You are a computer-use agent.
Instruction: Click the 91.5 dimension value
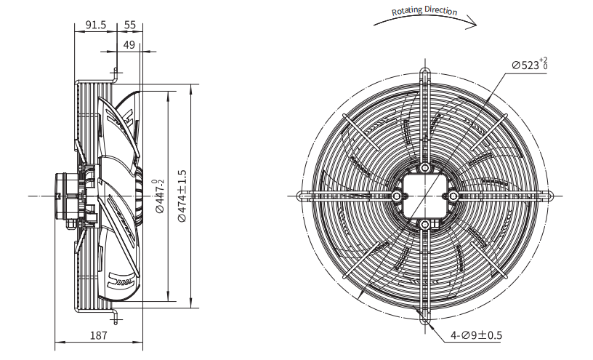tap(96, 25)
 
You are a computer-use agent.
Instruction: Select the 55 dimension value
tap(129, 25)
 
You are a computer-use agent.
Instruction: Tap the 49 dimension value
tap(129, 44)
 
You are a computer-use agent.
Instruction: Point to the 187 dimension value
tap(99, 335)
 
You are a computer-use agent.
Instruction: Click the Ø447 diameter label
tap(160, 196)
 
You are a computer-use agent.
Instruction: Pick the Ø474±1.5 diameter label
tap(182, 196)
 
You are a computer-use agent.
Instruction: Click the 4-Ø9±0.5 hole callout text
tap(476, 335)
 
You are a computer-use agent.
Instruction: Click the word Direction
tap(441, 10)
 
